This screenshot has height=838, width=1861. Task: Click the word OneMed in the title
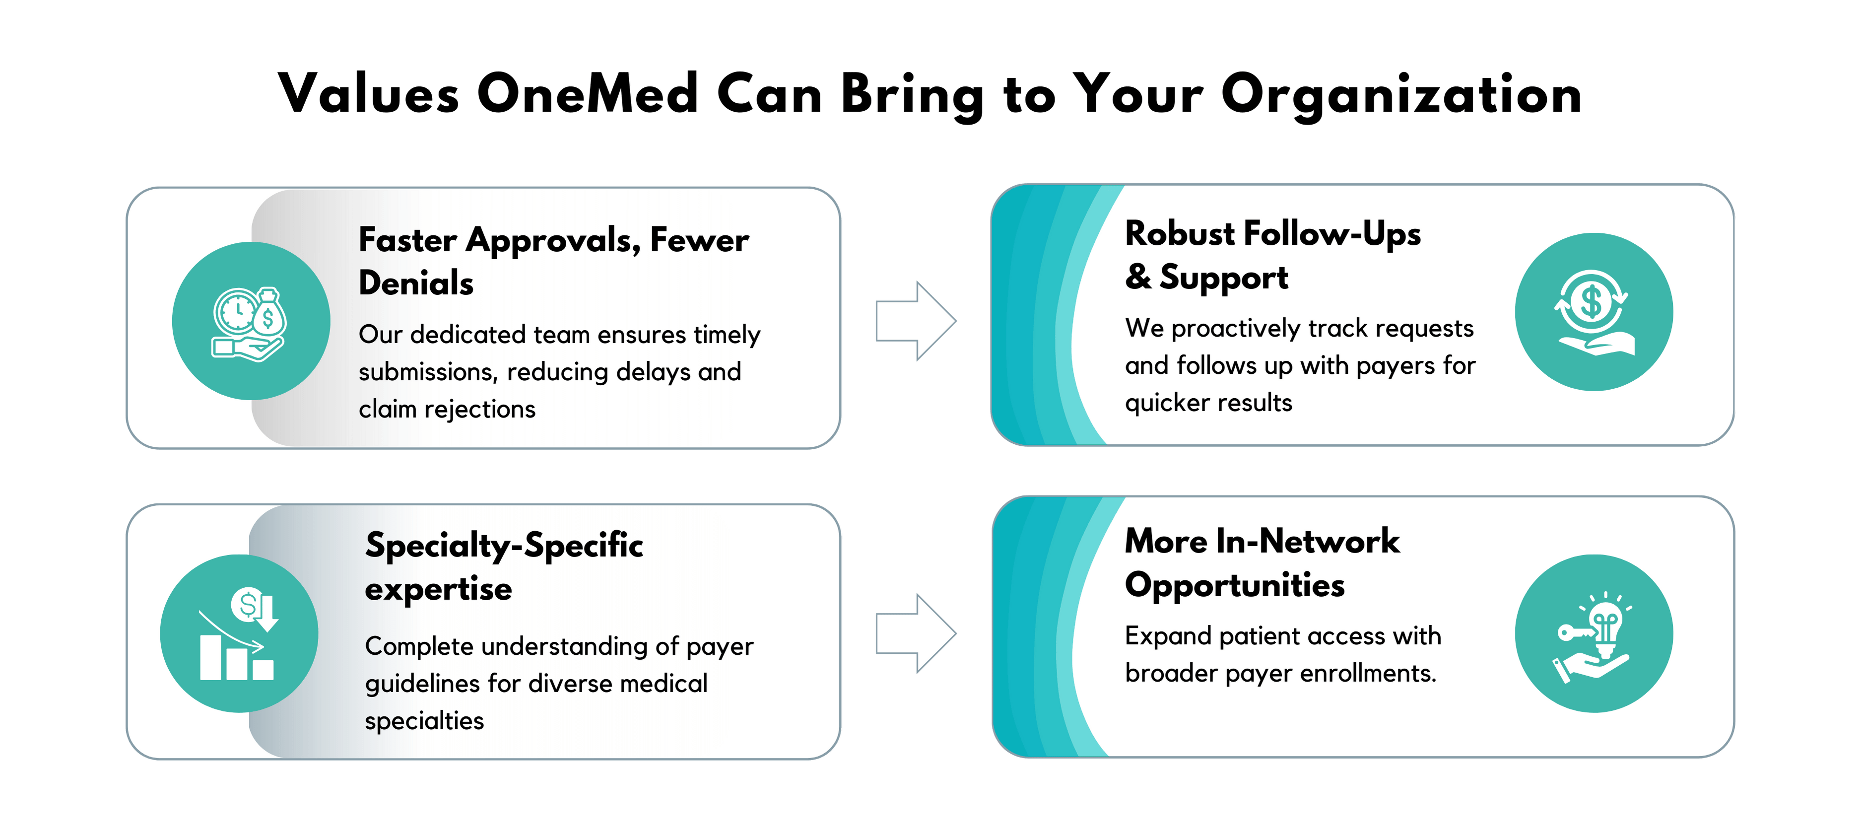click(x=588, y=94)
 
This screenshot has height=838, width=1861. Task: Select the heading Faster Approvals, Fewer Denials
click(x=553, y=261)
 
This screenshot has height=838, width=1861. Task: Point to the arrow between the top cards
click(x=916, y=321)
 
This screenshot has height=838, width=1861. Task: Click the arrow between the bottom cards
click(x=916, y=633)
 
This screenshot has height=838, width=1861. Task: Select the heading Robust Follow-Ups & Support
click(x=1272, y=256)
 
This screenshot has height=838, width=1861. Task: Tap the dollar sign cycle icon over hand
click(x=1594, y=312)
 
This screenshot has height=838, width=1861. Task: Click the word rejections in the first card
click(x=480, y=410)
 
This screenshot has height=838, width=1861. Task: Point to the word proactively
click(x=1236, y=329)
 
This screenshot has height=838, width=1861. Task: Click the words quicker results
click(x=1208, y=403)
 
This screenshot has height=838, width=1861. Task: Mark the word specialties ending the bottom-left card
click(x=424, y=721)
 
